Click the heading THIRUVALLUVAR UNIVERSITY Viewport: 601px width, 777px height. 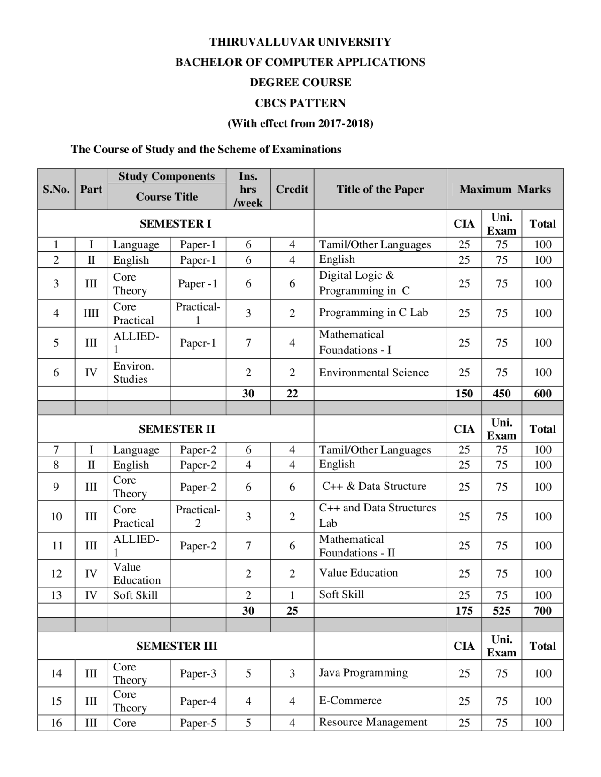click(x=300, y=42)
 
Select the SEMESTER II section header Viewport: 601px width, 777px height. click(x=177, y=429)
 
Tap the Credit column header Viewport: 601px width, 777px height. click(x=292, y=189)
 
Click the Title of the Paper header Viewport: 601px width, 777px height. click(x=380, y=189)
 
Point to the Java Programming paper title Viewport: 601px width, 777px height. click(x=363, y=673)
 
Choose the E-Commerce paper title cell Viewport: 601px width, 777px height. click(x=350, y=701)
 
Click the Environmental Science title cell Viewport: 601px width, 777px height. click(x=374, y=373)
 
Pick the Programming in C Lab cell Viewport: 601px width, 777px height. click(x=373, y=312)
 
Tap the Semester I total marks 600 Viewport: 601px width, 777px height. click(x=542, y=394)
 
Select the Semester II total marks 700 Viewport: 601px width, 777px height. click(x=542, y=610)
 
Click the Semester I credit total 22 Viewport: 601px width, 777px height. click(x=292, y=394)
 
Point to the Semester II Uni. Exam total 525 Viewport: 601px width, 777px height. click(x=501, y=610)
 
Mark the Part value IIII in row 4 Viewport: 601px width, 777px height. click(x=91, y=313)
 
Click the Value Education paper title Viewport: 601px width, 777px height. click(x=358, y=573)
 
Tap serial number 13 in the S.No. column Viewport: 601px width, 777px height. click(x=56, y=595)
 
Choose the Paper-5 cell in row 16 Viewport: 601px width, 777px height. click(x=198, y=723)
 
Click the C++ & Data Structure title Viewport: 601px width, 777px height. click(x=374, y=486)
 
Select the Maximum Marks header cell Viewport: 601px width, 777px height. click(x=505, y=189)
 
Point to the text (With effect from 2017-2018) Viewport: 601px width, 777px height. click(x=300, y=123)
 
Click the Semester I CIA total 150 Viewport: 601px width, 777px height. click(x=464, y=394)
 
